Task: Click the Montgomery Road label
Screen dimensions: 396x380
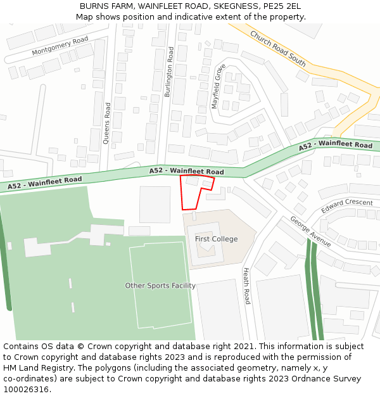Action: pyautogui.click(x=60, y=46)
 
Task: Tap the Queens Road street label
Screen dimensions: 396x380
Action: pyautogui.click(x=107, y=124)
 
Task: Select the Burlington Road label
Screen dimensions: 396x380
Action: pyautogui.click(x=169, y=72)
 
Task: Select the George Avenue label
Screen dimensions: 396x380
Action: pyautogui.click(x=310, y=231)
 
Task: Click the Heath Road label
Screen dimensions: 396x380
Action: pyautogui.click(x=247, y=285)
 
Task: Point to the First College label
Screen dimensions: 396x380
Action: pyautogui.click(x=216, y=239)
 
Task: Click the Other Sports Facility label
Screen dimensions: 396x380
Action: pyautogui.click(x=160, y=286)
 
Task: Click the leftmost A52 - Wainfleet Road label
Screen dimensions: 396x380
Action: pyautogui.click(x=45, y=183)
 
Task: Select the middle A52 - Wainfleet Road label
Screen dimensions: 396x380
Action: pyautogui.click(x=187, y=171)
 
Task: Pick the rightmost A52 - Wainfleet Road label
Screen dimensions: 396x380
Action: pyautogui.click(x=336, y=145)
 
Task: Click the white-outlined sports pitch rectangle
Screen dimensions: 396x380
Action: pyautogui.click(x=161, y=284)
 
